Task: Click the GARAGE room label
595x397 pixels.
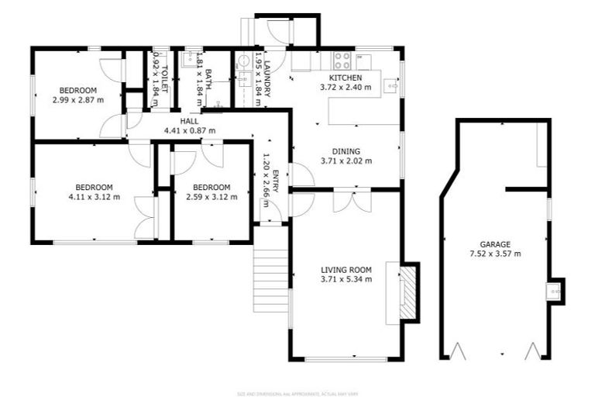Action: point(494,243)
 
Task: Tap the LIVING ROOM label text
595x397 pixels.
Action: point(346,270)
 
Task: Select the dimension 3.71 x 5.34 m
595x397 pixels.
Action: point(346,279)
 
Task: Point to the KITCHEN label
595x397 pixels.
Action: point(345,78)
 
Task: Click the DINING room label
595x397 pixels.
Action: point(346,152)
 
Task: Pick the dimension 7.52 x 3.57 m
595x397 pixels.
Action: point(494,254)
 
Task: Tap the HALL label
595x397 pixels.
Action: point(190,121)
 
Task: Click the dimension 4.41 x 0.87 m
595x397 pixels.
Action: point(190,130)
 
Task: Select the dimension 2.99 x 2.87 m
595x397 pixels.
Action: point(77,99)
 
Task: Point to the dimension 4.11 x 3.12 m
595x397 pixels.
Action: point(94,197)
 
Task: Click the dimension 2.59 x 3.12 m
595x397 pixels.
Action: point(212,197)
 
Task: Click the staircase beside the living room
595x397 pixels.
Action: point(270,276)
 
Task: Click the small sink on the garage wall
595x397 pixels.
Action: point(554,291)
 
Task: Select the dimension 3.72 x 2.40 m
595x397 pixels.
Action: point(345,88)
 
